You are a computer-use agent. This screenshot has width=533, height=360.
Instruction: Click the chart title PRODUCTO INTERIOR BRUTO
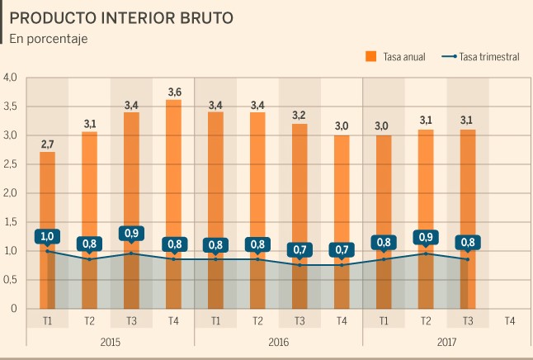pyautogui.click(x=121, y=17)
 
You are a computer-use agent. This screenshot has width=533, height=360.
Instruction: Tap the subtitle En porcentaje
pyautogui.click(x=49, y=38)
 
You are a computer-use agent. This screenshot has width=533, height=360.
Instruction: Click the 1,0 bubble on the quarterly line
pyautogui.click(x=47, y=237)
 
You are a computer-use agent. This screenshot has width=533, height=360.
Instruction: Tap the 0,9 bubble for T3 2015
pyautogui.click(x=131, y=234)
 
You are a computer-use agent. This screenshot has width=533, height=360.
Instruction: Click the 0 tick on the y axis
pyautogui.click(x=13, y=309)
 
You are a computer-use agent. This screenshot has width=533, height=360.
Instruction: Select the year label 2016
pyautogui.click(x=278, y=340)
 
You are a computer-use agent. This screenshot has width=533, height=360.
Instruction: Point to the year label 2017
pyautogui.click(x=446, y=340)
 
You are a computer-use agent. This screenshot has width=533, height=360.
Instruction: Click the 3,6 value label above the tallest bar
pyautogui.click(x=173, y=91)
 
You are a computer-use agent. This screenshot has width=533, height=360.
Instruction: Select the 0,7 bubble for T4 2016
pyautogui.click(x=342, y=249)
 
